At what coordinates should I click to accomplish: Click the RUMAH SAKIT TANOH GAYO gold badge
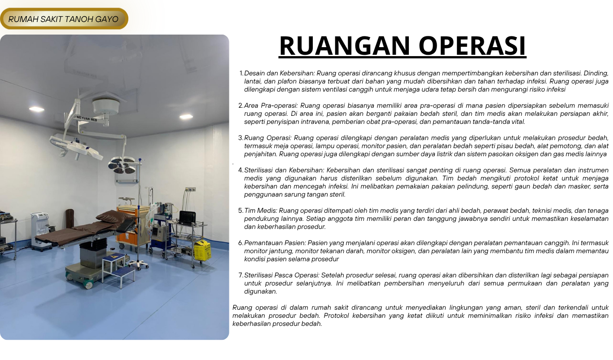pyautogui.click(x=64, y=18)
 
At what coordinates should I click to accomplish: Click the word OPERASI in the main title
pyautogui.click(x=472, y=45)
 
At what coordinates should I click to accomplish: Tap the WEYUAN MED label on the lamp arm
pyautogui.click(x=87, y=119)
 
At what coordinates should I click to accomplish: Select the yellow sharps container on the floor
pyautogui.click(x=202, y=250)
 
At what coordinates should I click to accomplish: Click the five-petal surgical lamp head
pyautogui.click(x=122, y=165)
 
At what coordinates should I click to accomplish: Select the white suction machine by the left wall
pyautogui.click(x=40, y=231)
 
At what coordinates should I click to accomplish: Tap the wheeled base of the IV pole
pyautogui.click(x=139, y=265)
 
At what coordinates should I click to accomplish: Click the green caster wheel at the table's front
pyautogui.click(x=89, y=285)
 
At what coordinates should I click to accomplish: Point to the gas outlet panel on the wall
pyautogui.click(x=190, y=189)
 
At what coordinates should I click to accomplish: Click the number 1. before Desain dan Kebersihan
pyautogui.click(x=241, y=73)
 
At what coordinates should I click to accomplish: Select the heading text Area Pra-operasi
pyautogui.click(x=271, y=105)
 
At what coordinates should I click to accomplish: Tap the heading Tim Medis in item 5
pyautogui.click(x=261, y=211)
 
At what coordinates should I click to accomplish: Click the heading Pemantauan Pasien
pyautogui.click(x=275, y=243)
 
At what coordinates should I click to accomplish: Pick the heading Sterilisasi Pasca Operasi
pyautogui.click(x=282, y=275)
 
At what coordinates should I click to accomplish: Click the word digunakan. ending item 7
pyautogui.click(x=261, y=292)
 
